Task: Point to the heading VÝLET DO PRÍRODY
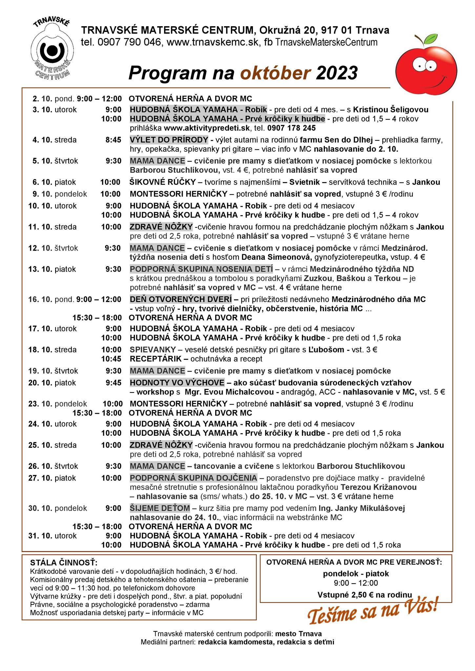tap(169, 140)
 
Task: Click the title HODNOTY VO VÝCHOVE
tap(177, 383)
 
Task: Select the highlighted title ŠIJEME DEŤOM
tap(160, 508)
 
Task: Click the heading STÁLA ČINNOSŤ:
tap(64, 563)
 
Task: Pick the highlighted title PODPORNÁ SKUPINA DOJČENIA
tap(194, 478)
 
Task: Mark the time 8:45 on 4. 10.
tap(113, 140)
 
